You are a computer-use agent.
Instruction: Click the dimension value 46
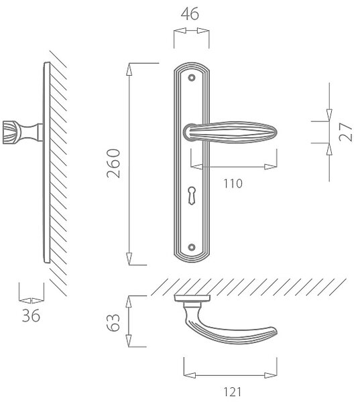[190, 14]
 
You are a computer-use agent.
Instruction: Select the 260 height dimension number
[113, 163]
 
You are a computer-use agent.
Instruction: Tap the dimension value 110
[233, 184]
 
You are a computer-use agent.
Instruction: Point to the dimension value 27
[345, 132]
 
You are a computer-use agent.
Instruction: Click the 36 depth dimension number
[31, 316]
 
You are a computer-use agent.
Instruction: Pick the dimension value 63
[113, 322]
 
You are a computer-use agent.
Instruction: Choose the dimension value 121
[233, 392]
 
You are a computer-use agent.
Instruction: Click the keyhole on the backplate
[192, 195]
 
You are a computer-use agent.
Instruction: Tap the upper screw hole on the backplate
[192, 78]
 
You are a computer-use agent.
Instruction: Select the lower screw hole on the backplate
[192, 247]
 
